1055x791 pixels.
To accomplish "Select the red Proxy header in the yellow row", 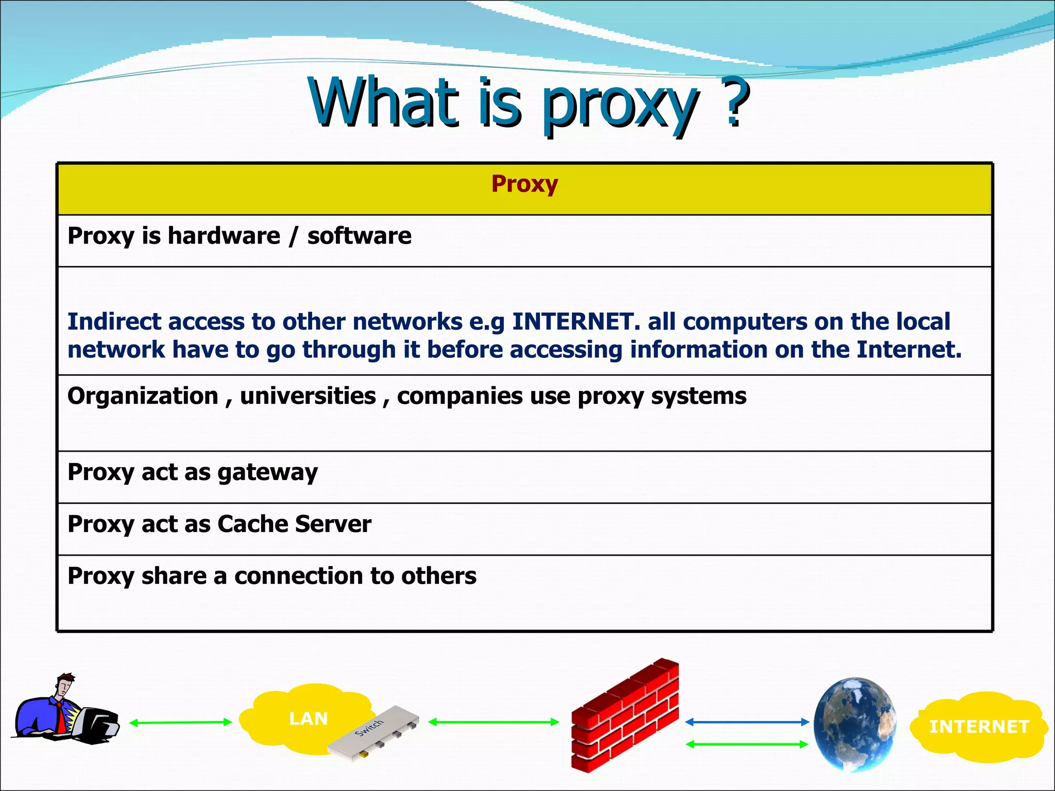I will (x=524, y=184).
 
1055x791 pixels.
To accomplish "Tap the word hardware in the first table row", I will (x=224, y=236).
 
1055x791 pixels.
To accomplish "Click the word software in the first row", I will (x=359, y=236).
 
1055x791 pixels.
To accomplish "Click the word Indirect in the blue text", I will (x=114, y=322).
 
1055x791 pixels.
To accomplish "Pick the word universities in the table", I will (x=308, y=396).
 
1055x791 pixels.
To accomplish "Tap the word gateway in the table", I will (x=267, y=473).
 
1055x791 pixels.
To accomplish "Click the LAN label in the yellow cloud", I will (x=308, y=718).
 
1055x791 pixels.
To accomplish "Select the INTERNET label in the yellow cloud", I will (x=979, y=727).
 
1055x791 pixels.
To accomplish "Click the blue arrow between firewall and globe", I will (x=747, y=723).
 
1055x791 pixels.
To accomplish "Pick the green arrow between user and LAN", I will (x=180, y=723).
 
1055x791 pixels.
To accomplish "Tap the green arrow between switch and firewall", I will (x=494, y=722).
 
